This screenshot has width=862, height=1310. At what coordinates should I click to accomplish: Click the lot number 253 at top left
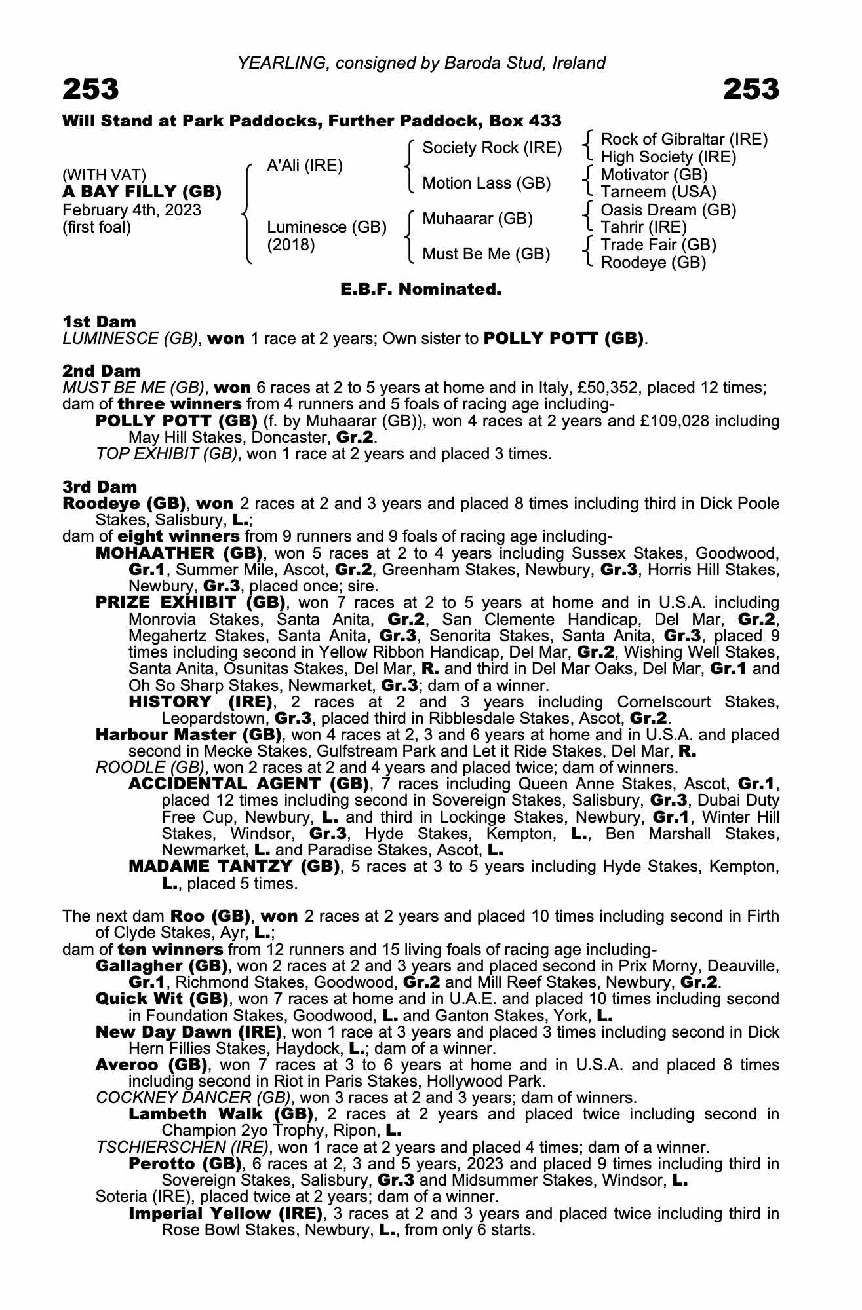pos(91,89)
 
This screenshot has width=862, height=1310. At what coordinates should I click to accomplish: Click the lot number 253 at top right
pos(751,89)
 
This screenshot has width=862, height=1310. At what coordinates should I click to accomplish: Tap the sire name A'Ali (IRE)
pos(305,166)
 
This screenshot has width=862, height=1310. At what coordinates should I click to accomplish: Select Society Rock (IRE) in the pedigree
pos(492,148)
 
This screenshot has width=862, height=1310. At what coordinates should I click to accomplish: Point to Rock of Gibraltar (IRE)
pos(684,139)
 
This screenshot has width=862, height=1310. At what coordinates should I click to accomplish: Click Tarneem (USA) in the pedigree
pos(658,192)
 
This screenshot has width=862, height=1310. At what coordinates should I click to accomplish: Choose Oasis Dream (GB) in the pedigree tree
pos(668,210)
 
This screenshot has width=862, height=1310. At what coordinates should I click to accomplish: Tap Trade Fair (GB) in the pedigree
pos(658,245)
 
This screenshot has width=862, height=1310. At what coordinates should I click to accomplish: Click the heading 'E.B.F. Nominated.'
pos(421,289)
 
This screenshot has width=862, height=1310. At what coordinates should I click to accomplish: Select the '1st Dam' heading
pos(99,322)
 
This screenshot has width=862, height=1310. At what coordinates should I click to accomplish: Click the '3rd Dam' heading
pos(100,487)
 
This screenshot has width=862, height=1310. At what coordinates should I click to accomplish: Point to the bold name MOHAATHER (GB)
pos(179,553)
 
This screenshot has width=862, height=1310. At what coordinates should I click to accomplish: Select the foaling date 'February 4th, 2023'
pos(132,210)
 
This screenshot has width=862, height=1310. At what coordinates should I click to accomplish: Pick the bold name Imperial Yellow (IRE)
pos(226,1214)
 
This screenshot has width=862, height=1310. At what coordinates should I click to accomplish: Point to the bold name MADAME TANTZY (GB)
pos(233,867)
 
